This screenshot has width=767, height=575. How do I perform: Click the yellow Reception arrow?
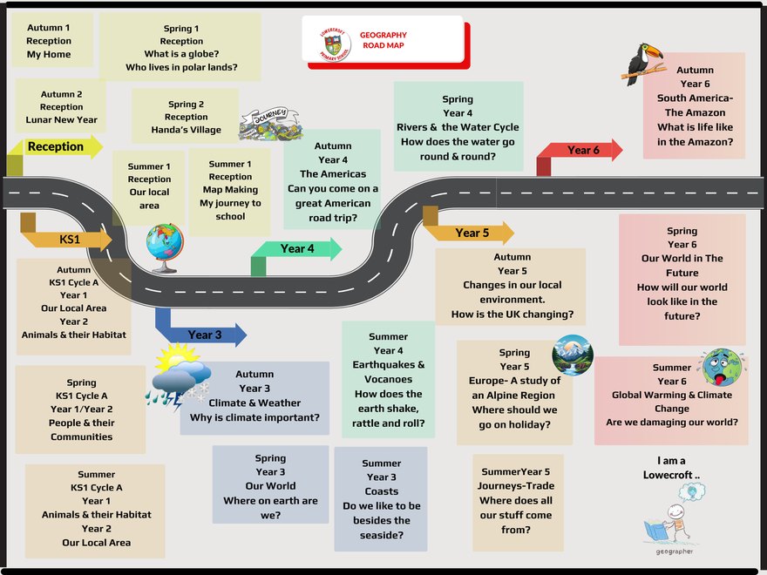pyautogui.click(x=56, y=147)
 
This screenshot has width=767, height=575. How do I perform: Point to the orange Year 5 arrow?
pyautogui.click(x=472, y=233)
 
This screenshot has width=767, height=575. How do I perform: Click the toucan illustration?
pyautogui.click(x=643, y=64)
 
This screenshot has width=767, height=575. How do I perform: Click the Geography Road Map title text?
pyautogui.click(x=383, y=40)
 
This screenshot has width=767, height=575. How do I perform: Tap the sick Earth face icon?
pyautogui.click(x=721, y=367)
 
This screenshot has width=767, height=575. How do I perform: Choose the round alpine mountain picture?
pyautogui.click(x=573, y=355)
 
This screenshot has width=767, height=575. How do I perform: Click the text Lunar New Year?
pyautogui.click(x=63, y=120)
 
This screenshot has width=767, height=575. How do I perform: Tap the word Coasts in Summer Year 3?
pyautogui.click(x=382, y=491)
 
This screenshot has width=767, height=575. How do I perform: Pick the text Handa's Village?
pyautogui.click(x=186, y=130)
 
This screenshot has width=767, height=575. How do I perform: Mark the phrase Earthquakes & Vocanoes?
pyautogui.click(x=389, y=372)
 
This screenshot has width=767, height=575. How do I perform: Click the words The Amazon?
pyautogui.click(x=695, y=112)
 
